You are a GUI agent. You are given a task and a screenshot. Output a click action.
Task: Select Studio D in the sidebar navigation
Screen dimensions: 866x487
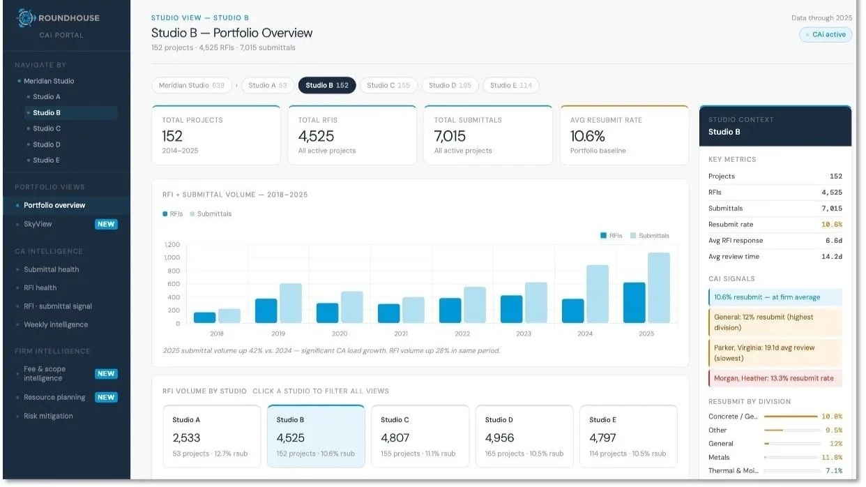pos(47,144)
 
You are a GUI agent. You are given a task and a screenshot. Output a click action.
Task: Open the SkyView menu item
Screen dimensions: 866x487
pos(38,224)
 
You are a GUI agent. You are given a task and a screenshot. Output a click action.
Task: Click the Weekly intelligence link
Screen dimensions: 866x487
pos(56,324)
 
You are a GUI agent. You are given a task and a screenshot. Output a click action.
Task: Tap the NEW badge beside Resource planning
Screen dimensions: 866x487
pos(106,397)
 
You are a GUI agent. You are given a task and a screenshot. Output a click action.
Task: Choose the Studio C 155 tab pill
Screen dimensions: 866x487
pos(388,85)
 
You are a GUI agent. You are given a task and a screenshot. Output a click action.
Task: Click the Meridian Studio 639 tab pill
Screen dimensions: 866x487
pos(191,85)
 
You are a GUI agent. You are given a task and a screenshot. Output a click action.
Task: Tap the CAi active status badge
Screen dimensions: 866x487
pos(826,34)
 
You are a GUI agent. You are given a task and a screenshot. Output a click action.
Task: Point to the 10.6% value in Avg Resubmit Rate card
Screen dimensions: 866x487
pos(587,136)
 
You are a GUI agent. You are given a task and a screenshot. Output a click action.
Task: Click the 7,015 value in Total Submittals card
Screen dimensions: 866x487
pos(450,136)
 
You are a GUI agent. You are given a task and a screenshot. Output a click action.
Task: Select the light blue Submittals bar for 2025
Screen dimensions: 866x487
pos(658,287)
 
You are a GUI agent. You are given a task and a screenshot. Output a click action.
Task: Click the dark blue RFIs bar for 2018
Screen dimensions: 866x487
pos(204,317)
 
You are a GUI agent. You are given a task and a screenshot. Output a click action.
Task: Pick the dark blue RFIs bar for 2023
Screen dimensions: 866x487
pos(511,309)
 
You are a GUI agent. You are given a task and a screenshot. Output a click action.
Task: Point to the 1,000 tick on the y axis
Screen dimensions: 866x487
pos(172,257)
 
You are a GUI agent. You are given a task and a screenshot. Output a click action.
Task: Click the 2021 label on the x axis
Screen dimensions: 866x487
pos(401,334)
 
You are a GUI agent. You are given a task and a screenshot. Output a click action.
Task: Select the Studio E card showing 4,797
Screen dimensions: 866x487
pos(628,436)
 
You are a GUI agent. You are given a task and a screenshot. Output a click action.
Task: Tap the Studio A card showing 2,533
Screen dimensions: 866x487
pos(211,436)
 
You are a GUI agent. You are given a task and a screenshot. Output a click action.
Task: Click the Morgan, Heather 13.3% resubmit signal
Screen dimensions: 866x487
pos(775,378)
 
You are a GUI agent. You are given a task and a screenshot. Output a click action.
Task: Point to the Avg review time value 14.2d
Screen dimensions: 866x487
pos(832,257)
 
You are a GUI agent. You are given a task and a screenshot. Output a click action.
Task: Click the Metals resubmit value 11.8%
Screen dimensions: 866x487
pos(832,457)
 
